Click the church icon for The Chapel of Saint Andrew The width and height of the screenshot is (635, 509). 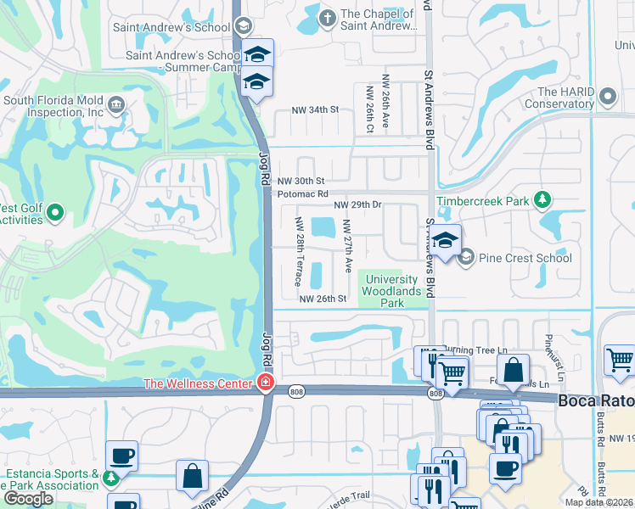pos(328,17)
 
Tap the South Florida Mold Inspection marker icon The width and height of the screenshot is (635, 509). pos(116,105)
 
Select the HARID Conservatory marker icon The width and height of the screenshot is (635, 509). pos(606,97)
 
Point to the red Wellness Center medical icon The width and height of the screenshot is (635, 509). pos(266,383)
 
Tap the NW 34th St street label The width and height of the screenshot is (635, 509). pos(315,110)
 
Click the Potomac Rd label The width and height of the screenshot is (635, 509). pos(302,194)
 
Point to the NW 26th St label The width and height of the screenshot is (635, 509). pos(323,299)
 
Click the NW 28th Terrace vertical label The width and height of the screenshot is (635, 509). pos(299,250)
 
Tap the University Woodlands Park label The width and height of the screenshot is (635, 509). pos(391,291)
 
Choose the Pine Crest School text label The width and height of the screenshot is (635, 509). pos(525,258)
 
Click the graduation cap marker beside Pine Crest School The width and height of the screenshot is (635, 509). pos(445,239)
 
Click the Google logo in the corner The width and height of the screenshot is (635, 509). pos(29,498)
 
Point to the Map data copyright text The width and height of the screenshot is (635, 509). pos(598,502)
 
